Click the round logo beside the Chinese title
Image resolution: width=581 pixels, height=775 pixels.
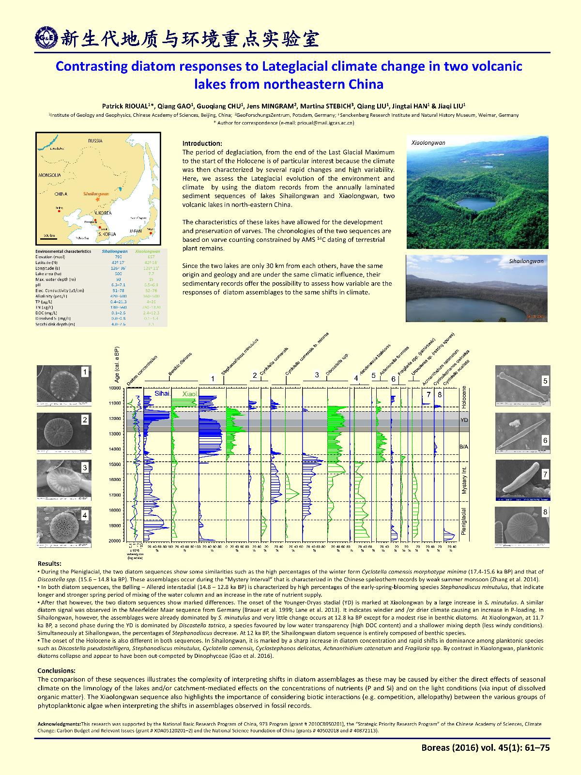point(46,38)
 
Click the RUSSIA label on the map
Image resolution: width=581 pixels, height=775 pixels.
point(95,141)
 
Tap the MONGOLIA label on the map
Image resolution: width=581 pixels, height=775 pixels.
point(50,174)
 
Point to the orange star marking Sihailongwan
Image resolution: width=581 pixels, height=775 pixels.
point(97,199)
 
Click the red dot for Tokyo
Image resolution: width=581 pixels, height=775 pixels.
point(151,233)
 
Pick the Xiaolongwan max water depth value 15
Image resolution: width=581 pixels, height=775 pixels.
point(151,279)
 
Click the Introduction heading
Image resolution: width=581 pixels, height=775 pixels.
point(202,143)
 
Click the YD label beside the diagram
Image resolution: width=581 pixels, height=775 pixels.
point(464,420)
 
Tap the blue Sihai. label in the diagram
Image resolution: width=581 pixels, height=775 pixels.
point(162,394)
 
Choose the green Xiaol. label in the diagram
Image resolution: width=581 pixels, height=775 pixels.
point(189,394)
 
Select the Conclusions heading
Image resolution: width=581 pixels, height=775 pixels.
point(56,671)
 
